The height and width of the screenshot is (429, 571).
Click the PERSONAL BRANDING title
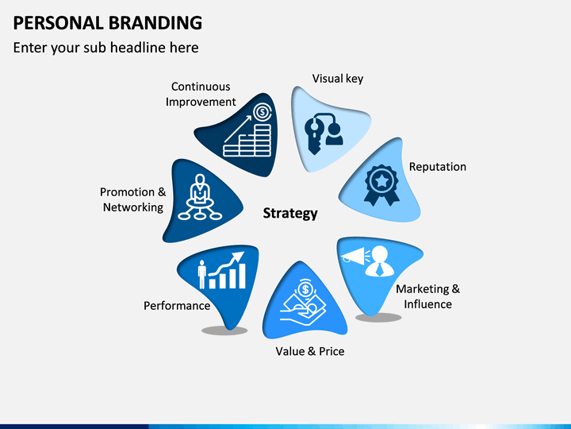pyautogui.click(x=108, y=21)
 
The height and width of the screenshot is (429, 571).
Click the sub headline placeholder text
pyautogui.click(x=105, y=48)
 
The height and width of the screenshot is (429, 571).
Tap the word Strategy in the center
pyautogui.click(x=290, y=213)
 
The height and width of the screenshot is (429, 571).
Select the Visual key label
pyautogui.click(x=338, y=79)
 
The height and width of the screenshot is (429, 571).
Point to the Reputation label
pyautogui.click(x=437, y=167)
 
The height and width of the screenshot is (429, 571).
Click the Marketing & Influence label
pyautogui.click(x=427, y=296)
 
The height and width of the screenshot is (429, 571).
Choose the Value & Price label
pyautogui.click(x=310, y=350)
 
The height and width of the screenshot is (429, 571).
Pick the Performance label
pyautogui.click(x=177, y=305)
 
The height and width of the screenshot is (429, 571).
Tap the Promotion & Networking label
pyautogui.click(x=133, y=199)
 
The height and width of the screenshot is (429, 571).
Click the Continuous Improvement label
pyautogui.click(x=201, y=94)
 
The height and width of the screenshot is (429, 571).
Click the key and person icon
pyautogui.click(x=324, y=131)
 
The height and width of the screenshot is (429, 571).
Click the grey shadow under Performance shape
pyautogui.click(x=224, y=330)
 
